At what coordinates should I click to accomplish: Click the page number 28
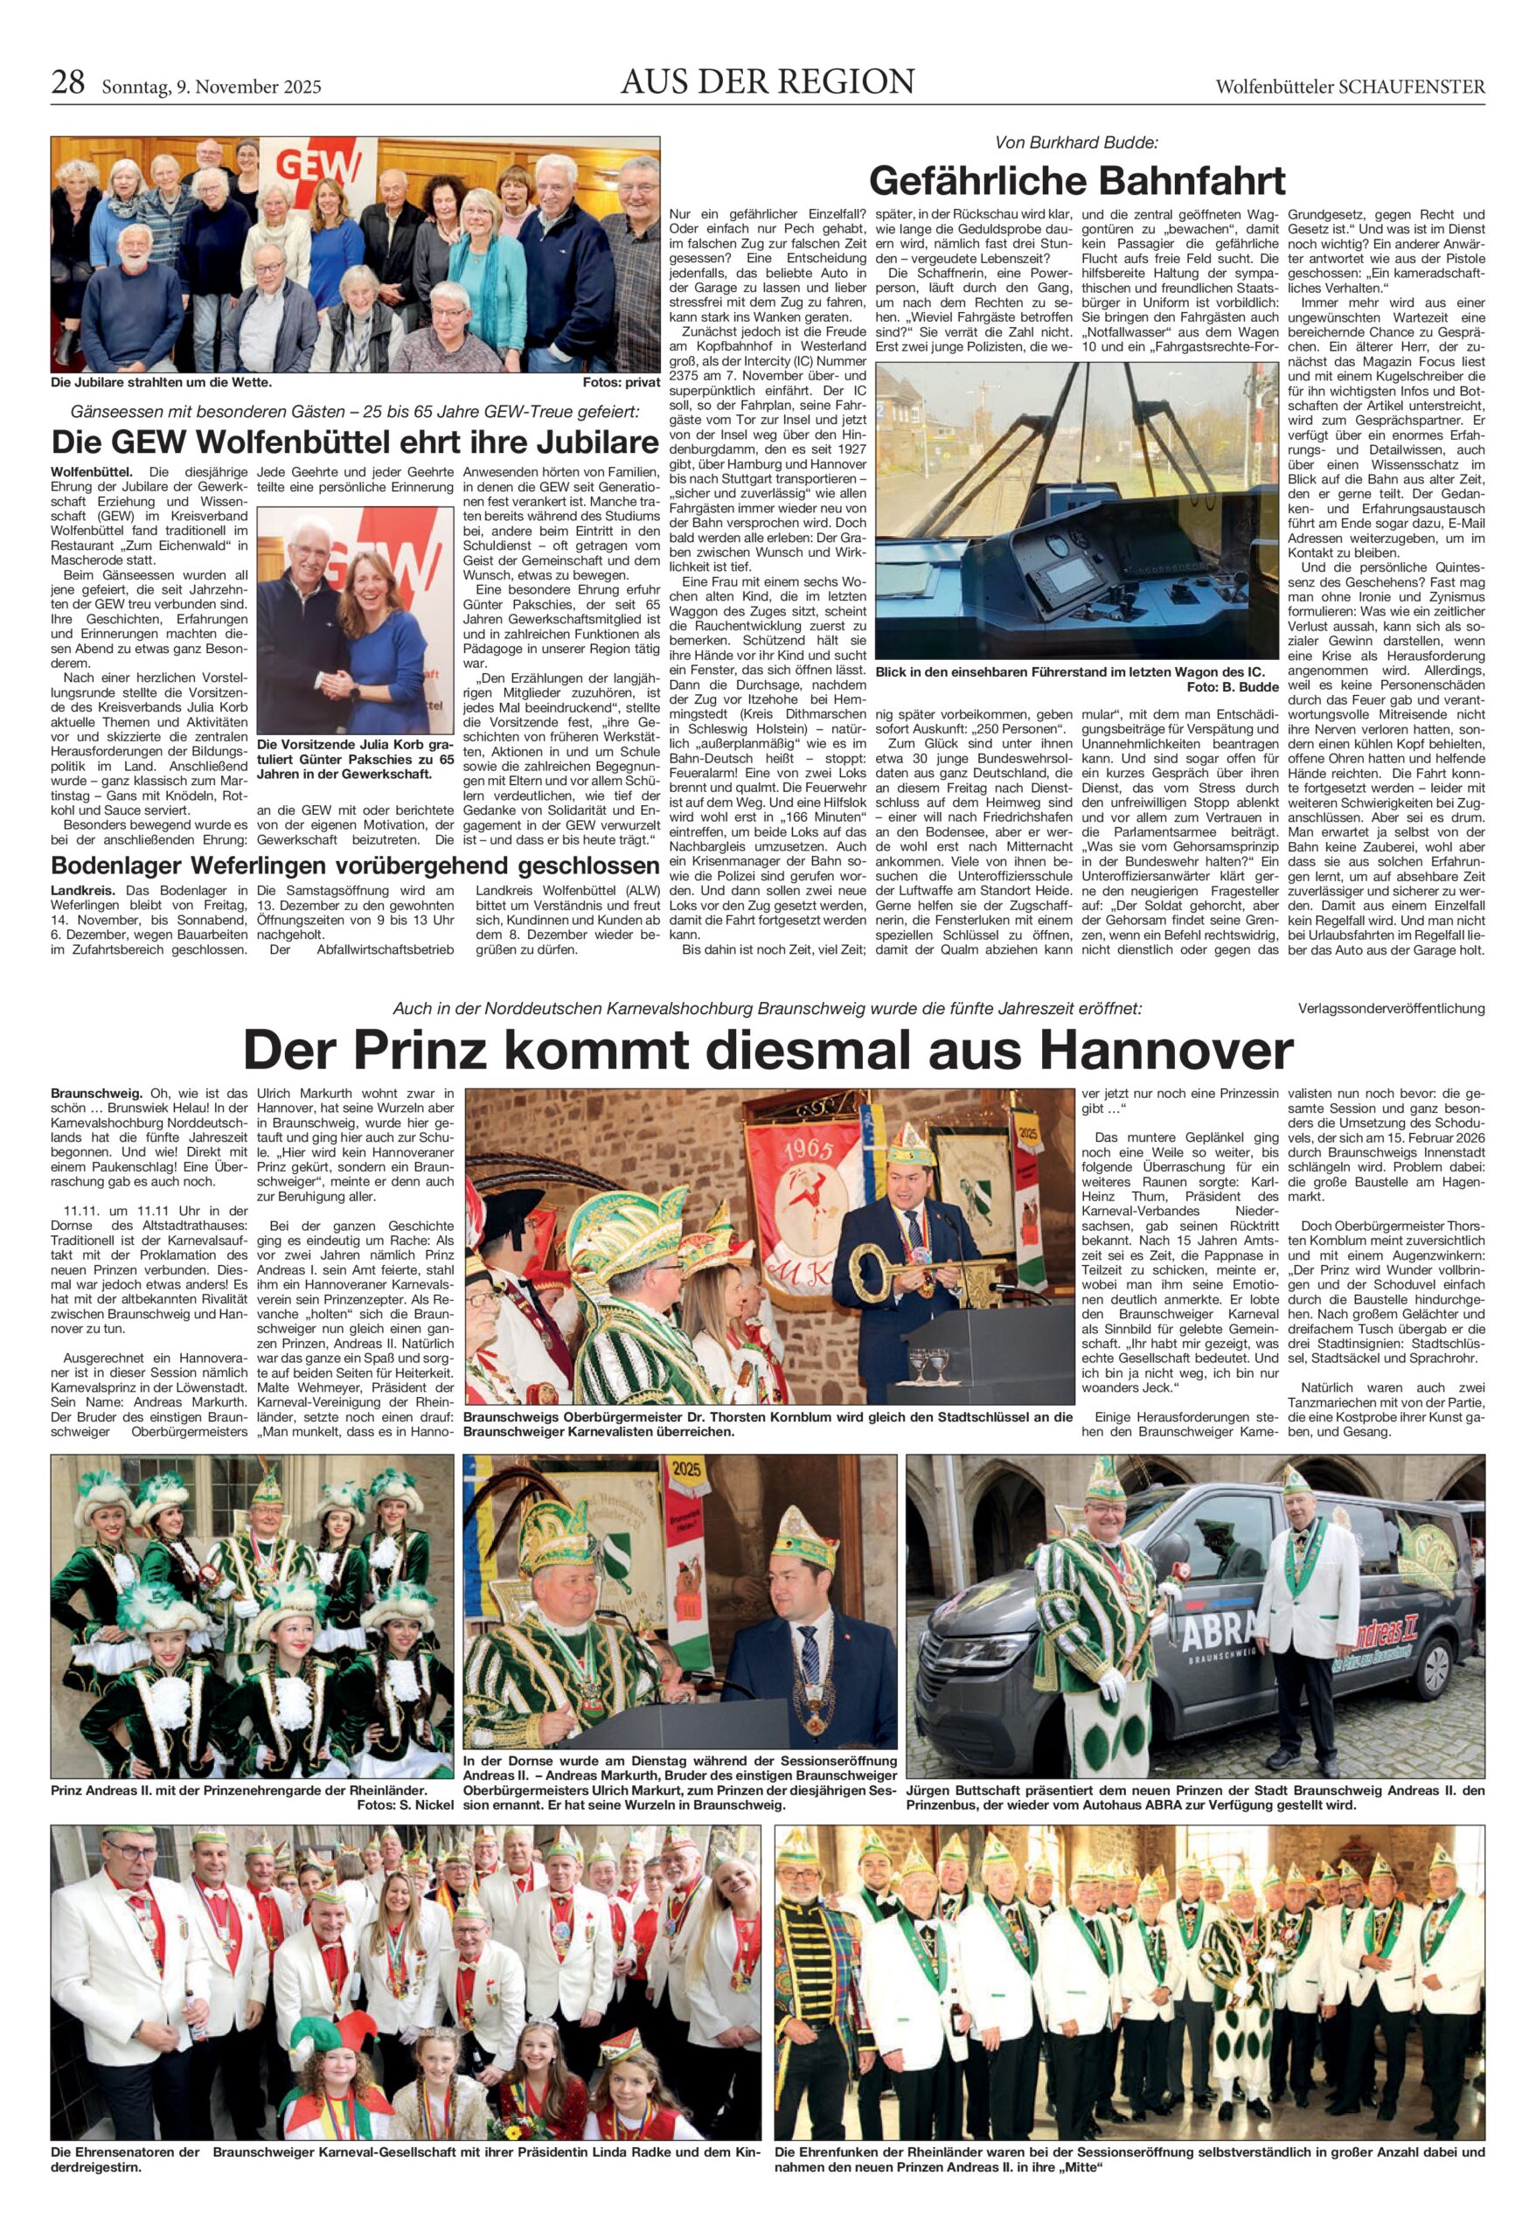click(67, 85)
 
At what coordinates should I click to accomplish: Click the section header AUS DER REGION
click(767, 83)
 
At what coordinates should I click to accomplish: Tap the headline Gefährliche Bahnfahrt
click(1077, 180)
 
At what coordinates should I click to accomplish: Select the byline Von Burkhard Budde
click(1077, 142)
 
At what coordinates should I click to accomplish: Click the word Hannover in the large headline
click(1169, 1049)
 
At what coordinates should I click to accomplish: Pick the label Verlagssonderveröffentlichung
click(1391, 1008)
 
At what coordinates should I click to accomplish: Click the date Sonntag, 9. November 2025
click(211, 87)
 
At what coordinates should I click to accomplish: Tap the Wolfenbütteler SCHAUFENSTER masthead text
click(1349, 87)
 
